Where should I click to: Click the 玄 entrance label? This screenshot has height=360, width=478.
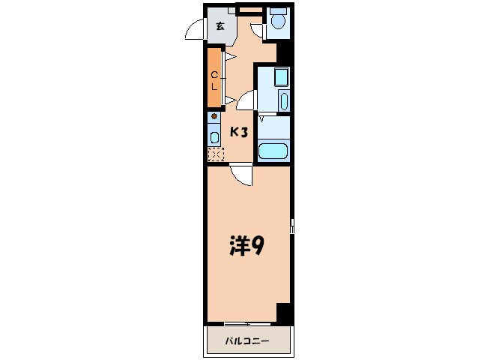click(220, 26)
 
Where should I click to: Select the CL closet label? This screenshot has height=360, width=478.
click(214, 79)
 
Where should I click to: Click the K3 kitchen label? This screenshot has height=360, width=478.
click(238, 133)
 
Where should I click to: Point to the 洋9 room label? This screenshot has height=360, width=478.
click(245, 246)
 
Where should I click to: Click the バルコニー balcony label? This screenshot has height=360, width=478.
click(247, 341)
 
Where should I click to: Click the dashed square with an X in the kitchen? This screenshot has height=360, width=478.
click(215, 154)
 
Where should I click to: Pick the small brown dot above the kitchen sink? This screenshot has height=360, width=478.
click(214, 117)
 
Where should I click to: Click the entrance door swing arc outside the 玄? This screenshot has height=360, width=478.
click(194, 31)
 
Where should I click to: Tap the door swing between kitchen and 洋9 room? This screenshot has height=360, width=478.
click(241, 175)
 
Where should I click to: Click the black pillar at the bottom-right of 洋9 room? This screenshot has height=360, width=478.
click(283, 313)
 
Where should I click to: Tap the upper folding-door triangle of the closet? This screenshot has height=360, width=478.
click(231, 55)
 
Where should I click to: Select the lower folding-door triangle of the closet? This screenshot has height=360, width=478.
click(231, 97)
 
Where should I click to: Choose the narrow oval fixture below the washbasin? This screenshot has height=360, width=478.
click(282, 102)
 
